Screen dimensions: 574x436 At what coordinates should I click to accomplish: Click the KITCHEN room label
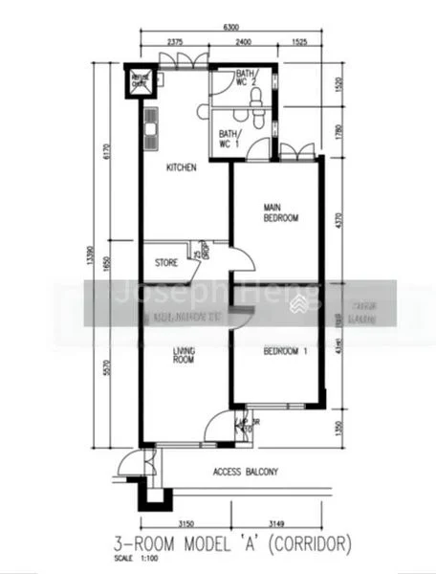[x=181, y=167]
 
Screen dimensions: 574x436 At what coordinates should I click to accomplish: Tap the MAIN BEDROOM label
[x=281, y=212]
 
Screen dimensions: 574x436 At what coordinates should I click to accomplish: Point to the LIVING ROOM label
[x=184, y=356]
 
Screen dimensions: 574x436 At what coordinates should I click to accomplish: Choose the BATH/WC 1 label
[x=228, y=139]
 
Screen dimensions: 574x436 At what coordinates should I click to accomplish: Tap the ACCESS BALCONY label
[x=246, y=472]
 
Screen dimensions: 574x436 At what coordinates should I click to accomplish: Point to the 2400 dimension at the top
[x=244, y=43]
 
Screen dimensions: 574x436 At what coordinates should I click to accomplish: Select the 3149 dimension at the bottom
[x=277, y=523]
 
